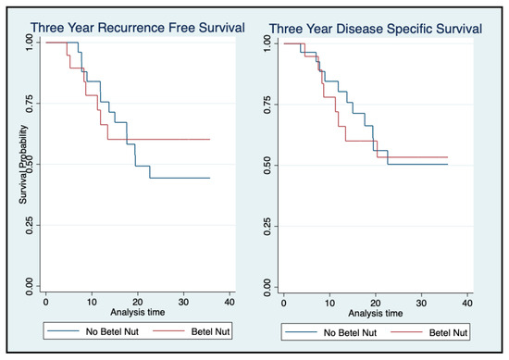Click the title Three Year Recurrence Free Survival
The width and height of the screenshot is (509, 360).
tap(138, 28)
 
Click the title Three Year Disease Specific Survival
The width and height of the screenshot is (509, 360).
tap(376, 29)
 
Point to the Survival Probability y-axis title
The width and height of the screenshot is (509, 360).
tap(23, 165)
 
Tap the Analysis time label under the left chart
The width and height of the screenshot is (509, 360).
tap(138, 312)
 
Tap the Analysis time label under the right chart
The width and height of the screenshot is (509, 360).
tap(376, 313)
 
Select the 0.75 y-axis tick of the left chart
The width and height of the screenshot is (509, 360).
tap(30, 104)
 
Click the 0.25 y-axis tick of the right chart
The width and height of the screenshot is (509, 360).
tap(267, 226)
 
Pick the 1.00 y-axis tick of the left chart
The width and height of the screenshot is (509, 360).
tap(30, 43)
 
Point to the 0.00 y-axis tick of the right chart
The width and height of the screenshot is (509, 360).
tap(267, 287)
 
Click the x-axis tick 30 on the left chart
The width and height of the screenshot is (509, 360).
tap(183, 303)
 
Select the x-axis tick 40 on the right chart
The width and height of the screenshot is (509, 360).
tap(467, 304)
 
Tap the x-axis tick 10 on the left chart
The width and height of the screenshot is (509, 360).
tap(92, 303)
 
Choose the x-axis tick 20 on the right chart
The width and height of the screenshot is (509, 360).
tap(376, 304)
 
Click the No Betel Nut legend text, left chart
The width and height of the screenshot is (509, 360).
tap(112, 331)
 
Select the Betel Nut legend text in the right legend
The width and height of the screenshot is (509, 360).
tap(448, 333)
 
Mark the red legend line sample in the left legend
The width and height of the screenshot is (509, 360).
tap(168, 331)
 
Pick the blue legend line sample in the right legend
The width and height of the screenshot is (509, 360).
tap(301, 332)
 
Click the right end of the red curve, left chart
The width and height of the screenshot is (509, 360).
tap(210, 139)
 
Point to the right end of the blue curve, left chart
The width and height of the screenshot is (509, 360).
tap(210, 178)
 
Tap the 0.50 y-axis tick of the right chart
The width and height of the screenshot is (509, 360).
tap(267, 166)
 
